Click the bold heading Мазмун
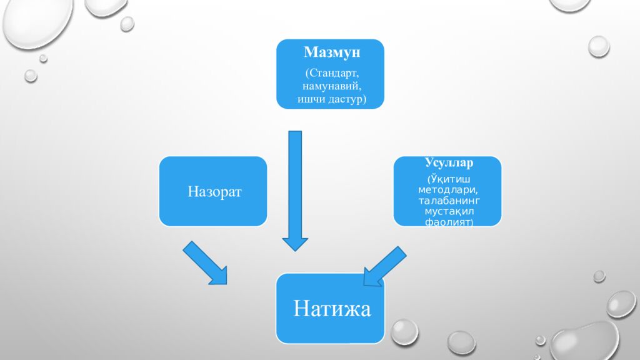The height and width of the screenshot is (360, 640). coord(332,52)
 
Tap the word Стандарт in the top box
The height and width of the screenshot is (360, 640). coord(334,73)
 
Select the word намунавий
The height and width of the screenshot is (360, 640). coord(332,86)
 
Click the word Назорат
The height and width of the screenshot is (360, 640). coord(215,191)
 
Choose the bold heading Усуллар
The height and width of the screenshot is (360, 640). coord(449,162)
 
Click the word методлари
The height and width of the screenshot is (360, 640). coord(447,190)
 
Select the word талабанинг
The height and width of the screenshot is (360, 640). coord(449,201)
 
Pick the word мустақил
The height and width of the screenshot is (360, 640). coord(449,211)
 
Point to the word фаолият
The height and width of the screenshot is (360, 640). coord(447,222)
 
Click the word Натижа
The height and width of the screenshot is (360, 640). coord(332,309)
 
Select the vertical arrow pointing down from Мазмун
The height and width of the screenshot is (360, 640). coord(295,191)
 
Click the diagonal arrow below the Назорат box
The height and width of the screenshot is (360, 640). coord(205,263)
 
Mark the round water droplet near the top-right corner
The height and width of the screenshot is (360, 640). coord(599,46)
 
